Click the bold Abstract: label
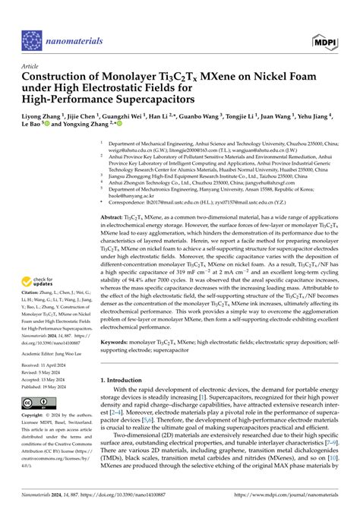[115, 217]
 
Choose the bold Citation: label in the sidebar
[36, 292]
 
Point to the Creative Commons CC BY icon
[39, 403]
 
